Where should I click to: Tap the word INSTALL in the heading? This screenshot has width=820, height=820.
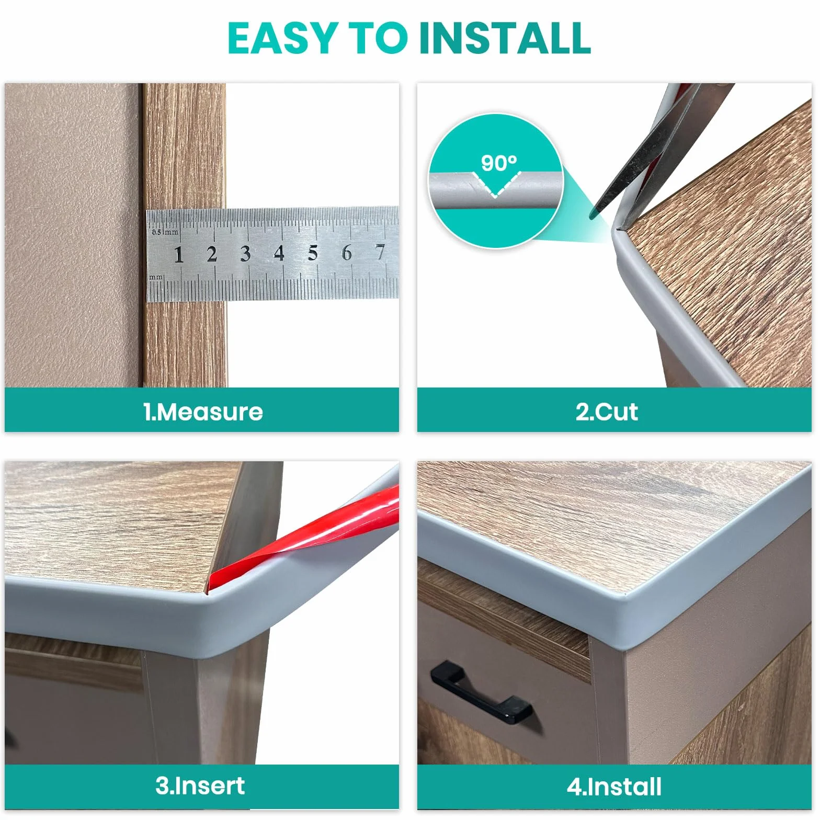[x=505, y=38]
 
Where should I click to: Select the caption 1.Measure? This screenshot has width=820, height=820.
[x=203, y=412]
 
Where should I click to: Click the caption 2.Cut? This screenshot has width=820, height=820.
[x=607, y=412]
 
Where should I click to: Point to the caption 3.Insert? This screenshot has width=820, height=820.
[x=200, y=785]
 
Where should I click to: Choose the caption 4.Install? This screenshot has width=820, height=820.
[x=614, y=787]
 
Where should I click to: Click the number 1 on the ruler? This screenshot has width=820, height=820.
[x=179, y=255]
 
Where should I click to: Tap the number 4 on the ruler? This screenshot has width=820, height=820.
[x=279, y=253]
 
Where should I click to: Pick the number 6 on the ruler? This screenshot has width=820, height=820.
[x=346, y=253]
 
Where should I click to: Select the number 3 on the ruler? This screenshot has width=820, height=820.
[x=245, y=254]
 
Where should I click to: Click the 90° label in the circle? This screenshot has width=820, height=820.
[x=499, y=164]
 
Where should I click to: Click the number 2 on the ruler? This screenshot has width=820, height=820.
[x=211, y=254]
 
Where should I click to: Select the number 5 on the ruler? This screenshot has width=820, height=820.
[x=313, y=253]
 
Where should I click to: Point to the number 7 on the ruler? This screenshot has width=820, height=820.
[x=380, y=252]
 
